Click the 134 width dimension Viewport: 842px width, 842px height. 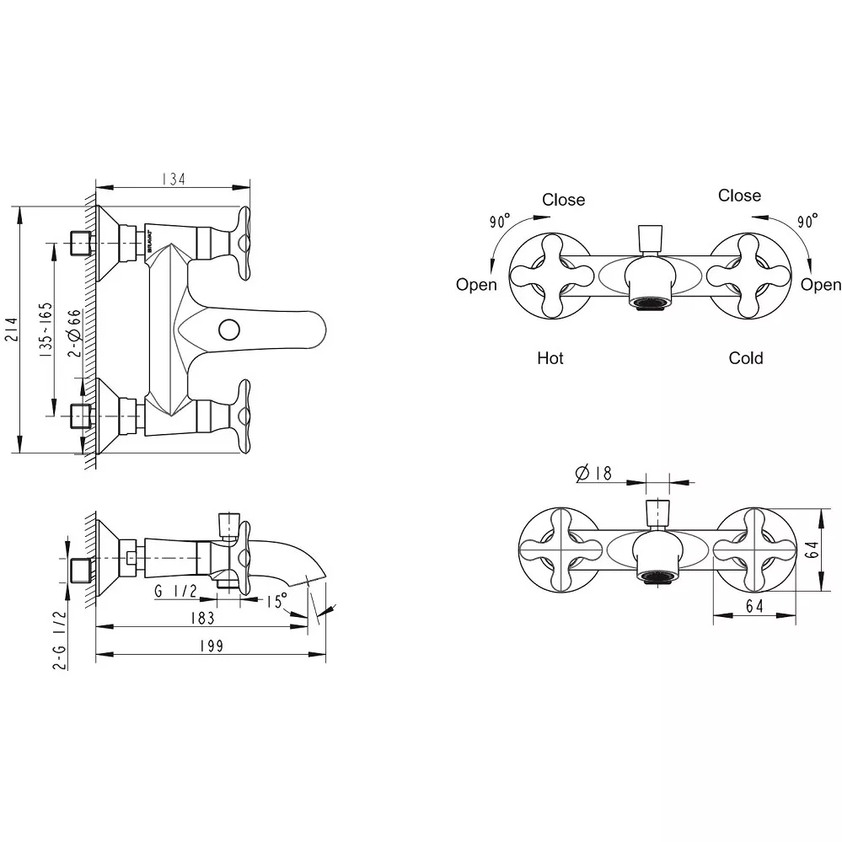174,179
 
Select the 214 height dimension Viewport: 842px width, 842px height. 12,330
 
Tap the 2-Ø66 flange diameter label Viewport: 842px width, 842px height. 75,333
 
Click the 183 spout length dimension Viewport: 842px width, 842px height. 203,618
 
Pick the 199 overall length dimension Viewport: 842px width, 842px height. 212,646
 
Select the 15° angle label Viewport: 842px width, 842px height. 276,601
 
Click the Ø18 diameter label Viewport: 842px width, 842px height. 593,473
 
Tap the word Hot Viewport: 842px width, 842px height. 550,358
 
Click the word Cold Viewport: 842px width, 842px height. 746,358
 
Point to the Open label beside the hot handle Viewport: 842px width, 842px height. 476,285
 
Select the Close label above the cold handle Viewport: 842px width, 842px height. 739,196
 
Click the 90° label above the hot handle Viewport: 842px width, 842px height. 500,221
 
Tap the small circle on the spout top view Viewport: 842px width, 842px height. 230,330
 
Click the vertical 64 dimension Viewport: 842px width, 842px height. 813,550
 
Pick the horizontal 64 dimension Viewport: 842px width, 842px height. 754,606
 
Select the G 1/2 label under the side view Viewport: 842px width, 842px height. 175,591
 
